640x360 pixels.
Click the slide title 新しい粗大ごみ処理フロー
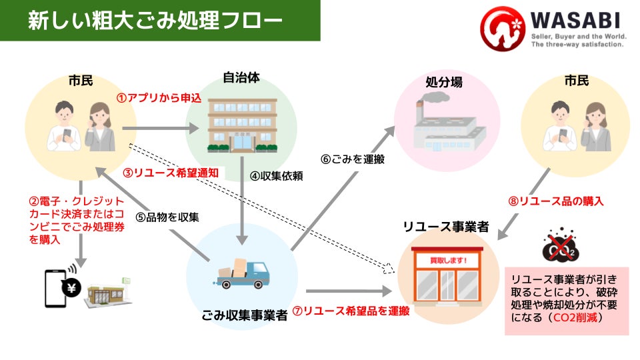point(155,21)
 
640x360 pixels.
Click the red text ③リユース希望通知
point(172,172)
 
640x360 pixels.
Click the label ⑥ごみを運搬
point(353,159)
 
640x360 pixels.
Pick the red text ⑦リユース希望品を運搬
point(351,311)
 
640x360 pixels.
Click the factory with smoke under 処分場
point(446,123)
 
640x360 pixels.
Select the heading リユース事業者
point(446,227)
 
